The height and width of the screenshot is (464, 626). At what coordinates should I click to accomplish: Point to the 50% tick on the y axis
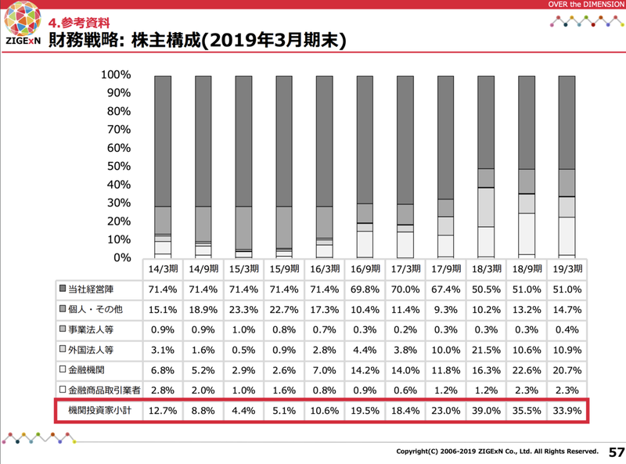[116, 167]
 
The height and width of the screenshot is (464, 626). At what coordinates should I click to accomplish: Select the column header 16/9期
[365, 268]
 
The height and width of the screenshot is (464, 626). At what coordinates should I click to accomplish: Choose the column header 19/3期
[567, 268]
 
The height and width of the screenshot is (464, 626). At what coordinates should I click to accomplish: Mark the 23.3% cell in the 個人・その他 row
[243, 310]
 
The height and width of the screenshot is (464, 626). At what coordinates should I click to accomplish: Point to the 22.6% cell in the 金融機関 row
[527, 368]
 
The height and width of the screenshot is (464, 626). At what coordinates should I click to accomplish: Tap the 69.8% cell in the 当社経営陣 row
[365, 290]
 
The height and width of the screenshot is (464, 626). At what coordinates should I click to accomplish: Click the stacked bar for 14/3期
[163, 167]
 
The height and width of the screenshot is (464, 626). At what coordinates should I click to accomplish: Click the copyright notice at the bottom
[497, 452]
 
